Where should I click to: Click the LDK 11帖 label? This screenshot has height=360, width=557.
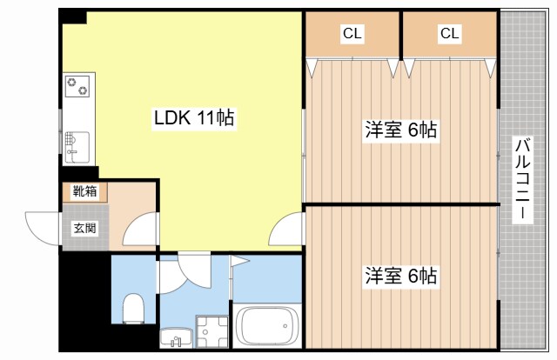(192, 117)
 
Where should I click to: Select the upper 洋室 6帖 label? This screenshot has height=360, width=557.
(399, 130)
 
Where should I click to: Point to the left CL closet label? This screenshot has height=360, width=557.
(352, 34)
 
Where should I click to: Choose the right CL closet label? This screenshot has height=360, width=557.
(449, 34)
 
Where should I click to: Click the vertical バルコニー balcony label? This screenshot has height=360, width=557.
(522, 180)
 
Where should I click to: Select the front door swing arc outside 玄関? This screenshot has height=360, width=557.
(42, 228)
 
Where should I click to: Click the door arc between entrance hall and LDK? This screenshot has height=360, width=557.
(139, 230)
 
